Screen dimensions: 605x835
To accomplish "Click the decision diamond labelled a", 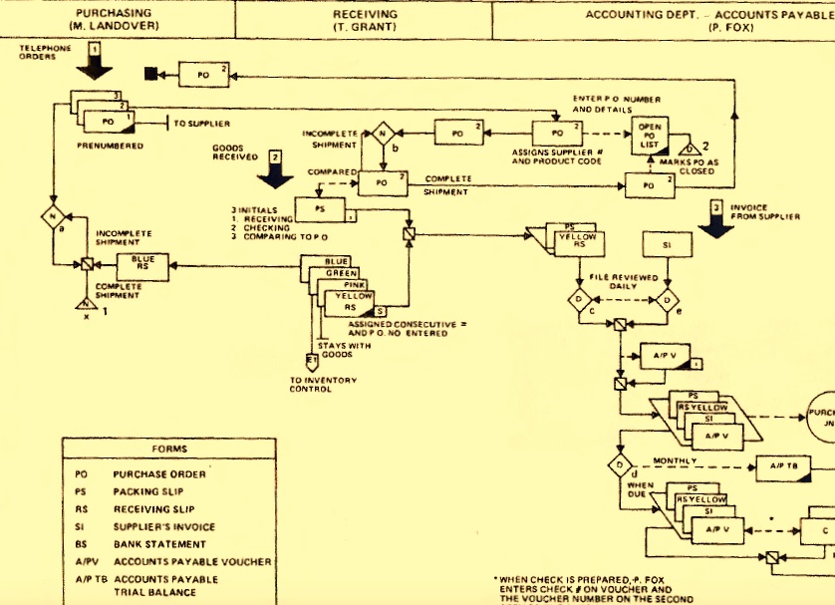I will (x=55, y=216).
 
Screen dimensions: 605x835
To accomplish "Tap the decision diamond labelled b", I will (x=381, y=135).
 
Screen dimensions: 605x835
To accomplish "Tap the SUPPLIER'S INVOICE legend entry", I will (x=163, y=526).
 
